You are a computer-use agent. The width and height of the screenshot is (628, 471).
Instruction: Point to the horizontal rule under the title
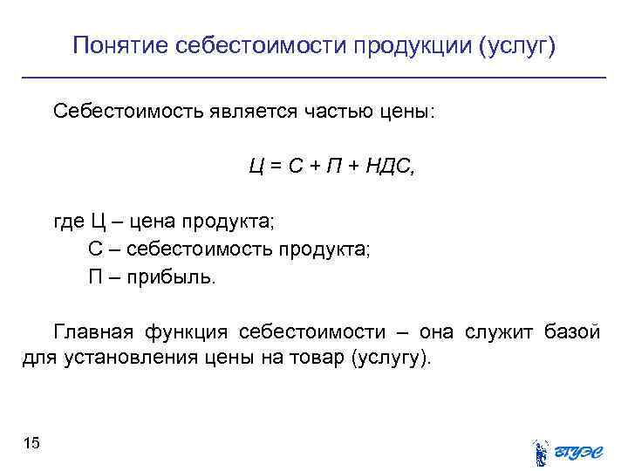pyautogui.click(x=314, y=78)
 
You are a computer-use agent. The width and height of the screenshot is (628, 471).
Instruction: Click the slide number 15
pyautogui.click(x=31, y=445)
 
